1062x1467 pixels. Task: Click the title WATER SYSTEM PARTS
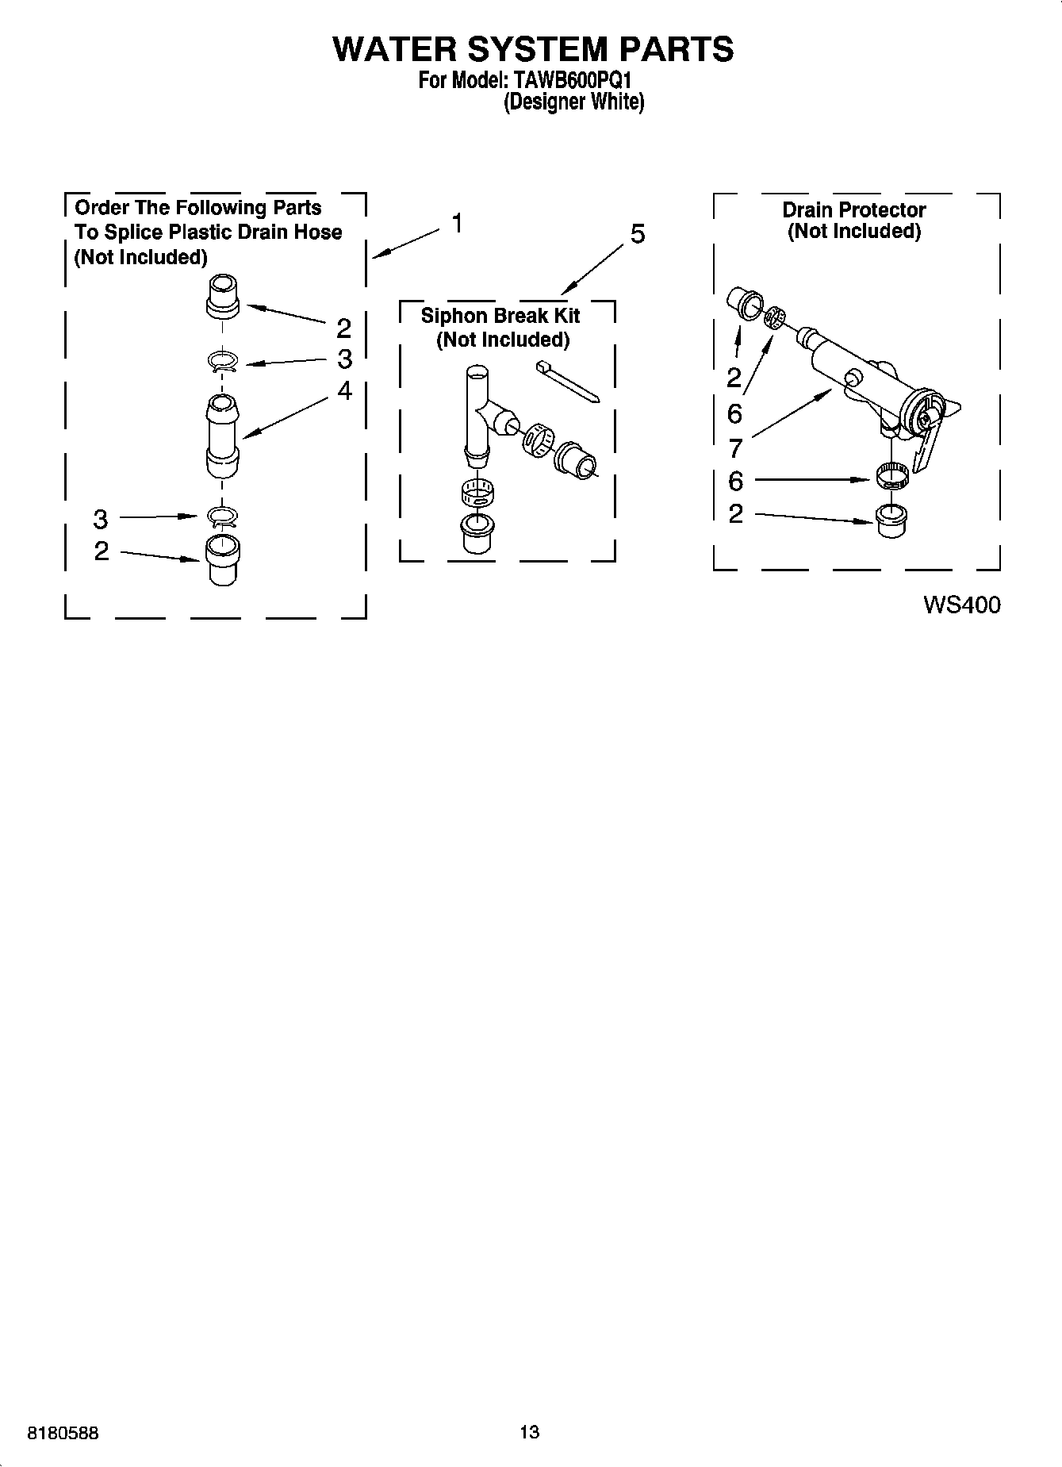coord(532,49)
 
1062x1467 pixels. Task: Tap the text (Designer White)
coord(574,102)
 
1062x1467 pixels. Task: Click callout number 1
coord(457,224)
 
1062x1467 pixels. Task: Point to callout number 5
coord(637,234)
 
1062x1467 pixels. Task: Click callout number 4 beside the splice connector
coord(344,390)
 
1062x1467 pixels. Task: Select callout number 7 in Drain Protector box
coord(735,448)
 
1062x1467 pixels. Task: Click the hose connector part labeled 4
coord(223,436)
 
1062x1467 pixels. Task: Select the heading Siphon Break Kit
coord(500,316)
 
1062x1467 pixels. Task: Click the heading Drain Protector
coord(853,210)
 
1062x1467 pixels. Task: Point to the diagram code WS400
coord(961,605)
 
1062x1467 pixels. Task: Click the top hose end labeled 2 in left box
coord(223,296)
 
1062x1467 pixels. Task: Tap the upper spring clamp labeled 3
coord(224,362)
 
